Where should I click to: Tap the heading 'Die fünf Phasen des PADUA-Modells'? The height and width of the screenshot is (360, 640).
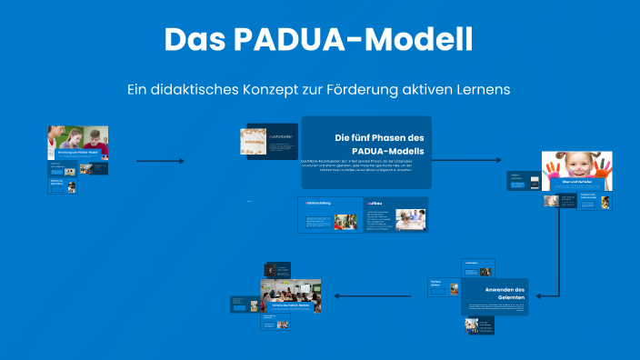[366, 144]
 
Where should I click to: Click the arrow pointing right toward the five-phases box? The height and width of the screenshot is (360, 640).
[160, 161]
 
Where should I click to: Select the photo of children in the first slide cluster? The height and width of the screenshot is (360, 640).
[78, 139]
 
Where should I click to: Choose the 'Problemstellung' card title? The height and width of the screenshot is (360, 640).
[317, 204]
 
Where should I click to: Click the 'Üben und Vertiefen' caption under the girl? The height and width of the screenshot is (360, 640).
[577, 184]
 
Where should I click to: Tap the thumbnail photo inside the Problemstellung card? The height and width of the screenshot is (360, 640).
[345, 221]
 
